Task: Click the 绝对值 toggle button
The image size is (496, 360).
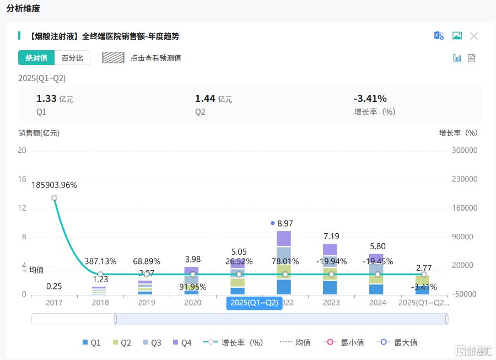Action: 36,58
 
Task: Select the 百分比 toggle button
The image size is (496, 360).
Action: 72,58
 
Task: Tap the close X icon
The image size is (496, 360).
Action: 473,36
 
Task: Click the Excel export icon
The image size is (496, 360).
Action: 439,36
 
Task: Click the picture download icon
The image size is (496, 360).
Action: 457,36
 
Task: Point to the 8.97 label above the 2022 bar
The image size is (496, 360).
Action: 285,223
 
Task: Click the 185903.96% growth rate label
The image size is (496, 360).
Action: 54,185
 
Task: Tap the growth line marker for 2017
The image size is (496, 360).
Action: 54,198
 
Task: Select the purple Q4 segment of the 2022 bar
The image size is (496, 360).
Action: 284,238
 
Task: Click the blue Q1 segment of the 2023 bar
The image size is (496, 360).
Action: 330,287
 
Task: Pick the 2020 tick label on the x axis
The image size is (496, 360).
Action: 193,303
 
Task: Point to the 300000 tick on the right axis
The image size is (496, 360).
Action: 464,151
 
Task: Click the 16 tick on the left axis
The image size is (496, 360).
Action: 22,179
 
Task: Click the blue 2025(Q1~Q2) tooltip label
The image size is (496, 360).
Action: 254,303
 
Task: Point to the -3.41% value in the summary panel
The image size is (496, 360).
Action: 370,99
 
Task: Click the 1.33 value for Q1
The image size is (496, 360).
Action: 46,99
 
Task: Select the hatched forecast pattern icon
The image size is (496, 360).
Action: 113,58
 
